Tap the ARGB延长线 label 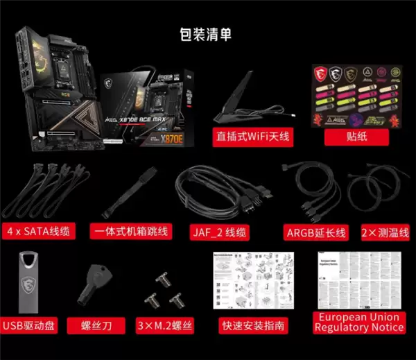(x=316, y=232)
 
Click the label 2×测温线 (x=385, y=232)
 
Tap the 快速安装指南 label (x=254, y=325)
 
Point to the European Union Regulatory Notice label (x=358, y=321)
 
